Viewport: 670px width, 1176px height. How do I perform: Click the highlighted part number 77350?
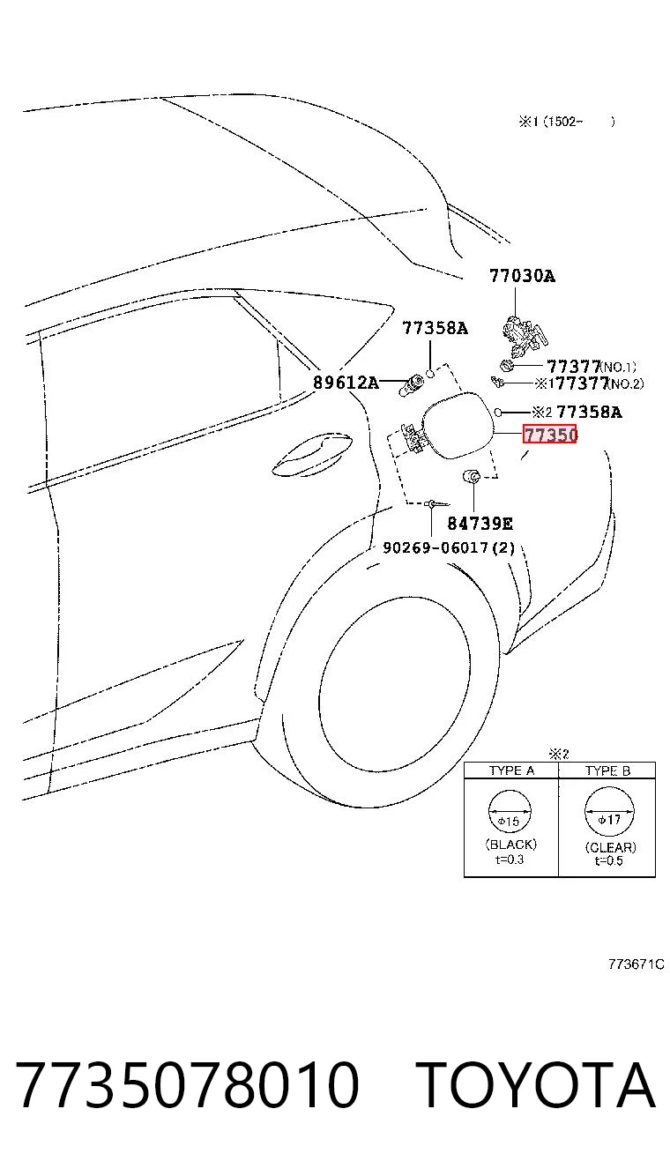[550, 435]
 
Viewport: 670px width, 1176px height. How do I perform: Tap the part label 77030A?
[522, 276]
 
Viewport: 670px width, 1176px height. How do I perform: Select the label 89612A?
[346, 383]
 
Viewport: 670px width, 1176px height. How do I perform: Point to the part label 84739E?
[480, 524]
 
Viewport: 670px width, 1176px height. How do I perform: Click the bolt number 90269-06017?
[435, 547]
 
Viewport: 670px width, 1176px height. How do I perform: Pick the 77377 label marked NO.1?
[592, 366]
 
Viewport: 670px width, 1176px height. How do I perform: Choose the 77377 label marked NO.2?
[599, 383]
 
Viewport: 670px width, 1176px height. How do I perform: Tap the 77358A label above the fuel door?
[435, 328]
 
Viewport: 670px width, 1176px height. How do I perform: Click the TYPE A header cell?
[511, 770]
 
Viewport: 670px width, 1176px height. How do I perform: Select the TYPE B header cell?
[607, 770]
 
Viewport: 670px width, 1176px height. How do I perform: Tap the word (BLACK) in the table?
[511, 845]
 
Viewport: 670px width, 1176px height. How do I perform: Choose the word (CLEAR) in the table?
[610, 847]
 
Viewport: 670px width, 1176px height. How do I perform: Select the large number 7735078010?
[188, 1084]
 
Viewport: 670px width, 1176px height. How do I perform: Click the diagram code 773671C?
[636, 964]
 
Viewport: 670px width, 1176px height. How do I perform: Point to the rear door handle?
[312, 456]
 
